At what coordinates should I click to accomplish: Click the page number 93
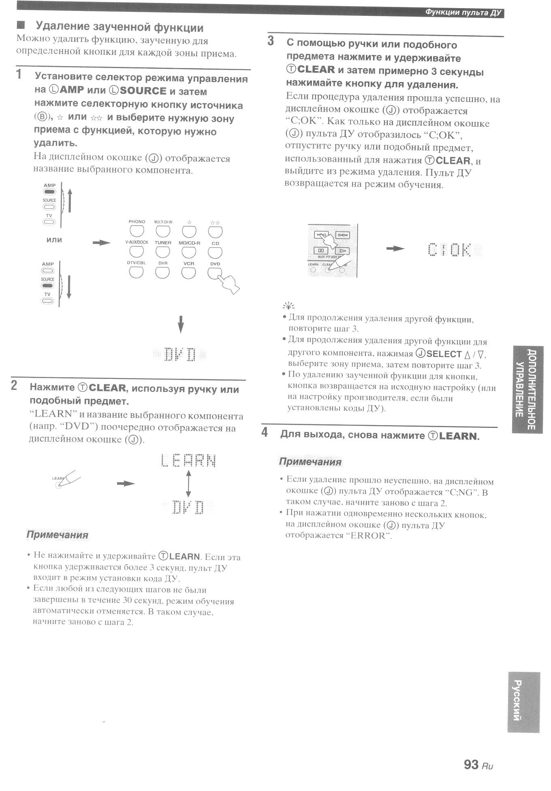coord(471,764)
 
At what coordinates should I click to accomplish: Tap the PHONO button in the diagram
coord(137,231)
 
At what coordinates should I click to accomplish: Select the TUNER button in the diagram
coord(162,252)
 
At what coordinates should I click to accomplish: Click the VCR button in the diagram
coord(188,272)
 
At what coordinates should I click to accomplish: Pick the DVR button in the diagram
coord(162,272)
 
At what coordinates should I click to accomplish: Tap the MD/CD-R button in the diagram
coord(189,252)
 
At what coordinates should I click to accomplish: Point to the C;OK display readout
coord(450,250)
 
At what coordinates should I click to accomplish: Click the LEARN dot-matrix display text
coord(188,460)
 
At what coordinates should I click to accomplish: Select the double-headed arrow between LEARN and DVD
coord(188,483)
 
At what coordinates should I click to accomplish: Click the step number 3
coord(271,41)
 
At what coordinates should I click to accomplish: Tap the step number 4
coord(265,432)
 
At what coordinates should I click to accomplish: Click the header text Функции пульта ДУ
coord(463,13)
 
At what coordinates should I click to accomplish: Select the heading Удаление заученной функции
coord(120,28)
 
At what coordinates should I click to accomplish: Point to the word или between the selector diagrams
coord(54,240)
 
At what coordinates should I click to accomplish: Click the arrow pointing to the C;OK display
coord(395,248)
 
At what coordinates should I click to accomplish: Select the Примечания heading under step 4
coord(310,462)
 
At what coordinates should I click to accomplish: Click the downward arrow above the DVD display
coord(181,324)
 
